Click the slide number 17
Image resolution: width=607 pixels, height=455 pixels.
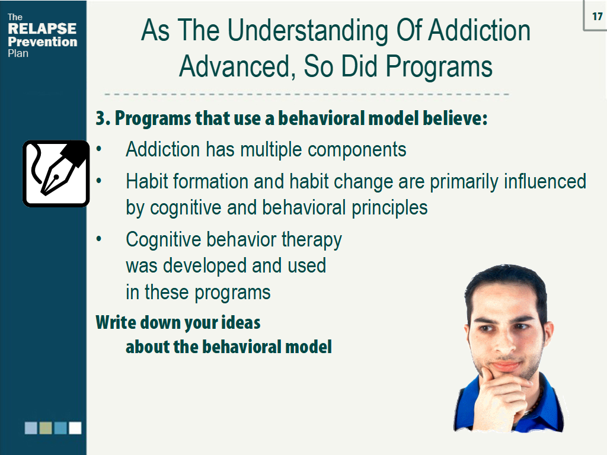(597, 17)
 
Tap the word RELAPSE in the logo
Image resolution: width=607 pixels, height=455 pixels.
(42, 29)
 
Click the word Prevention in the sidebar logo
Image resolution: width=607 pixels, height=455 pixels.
(42, 41)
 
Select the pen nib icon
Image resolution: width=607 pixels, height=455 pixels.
(56, 174)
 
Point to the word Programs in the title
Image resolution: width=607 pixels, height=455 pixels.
(439, 67)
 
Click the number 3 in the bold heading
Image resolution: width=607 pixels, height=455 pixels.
(100, 118)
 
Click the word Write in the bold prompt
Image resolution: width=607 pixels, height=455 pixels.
(116, 323)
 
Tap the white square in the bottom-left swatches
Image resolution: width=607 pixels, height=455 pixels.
(75, 428)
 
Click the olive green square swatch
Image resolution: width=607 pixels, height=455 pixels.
(46, 428)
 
